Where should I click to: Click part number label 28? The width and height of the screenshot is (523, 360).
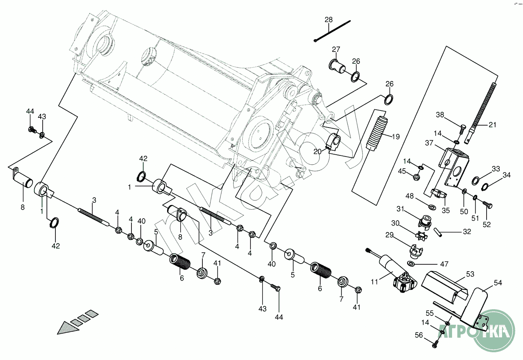point(328,20)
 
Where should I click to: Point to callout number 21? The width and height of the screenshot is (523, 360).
point(492,125)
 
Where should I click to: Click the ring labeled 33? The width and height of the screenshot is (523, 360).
point(476,180)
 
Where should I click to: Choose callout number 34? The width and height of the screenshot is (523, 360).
point(506,175)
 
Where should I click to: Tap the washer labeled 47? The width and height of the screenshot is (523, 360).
point(411,264)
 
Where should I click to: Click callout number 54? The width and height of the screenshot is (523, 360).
point(498,283)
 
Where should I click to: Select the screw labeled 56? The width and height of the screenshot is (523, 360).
point(435,343)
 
